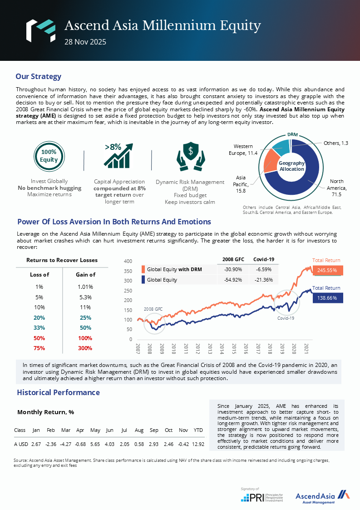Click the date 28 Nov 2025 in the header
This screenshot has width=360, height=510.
[85, 42]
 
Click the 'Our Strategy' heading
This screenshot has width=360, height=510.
[38, 76]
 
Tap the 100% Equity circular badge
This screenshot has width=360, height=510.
[49, 156]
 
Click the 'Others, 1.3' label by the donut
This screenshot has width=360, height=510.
[335, 143]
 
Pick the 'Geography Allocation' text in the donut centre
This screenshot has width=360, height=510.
[291, 166]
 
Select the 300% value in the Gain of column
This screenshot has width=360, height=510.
[85, 348]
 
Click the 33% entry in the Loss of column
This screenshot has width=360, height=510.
[39, 328]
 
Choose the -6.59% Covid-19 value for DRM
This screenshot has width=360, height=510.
[263, 269]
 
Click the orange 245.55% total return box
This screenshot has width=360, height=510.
[327, 270]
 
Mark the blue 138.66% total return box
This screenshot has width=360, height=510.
[327, 298]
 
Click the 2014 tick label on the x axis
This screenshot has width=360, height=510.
[222, 349]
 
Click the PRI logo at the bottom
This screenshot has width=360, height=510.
[261, 497]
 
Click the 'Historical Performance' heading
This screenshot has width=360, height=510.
[58, 392]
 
